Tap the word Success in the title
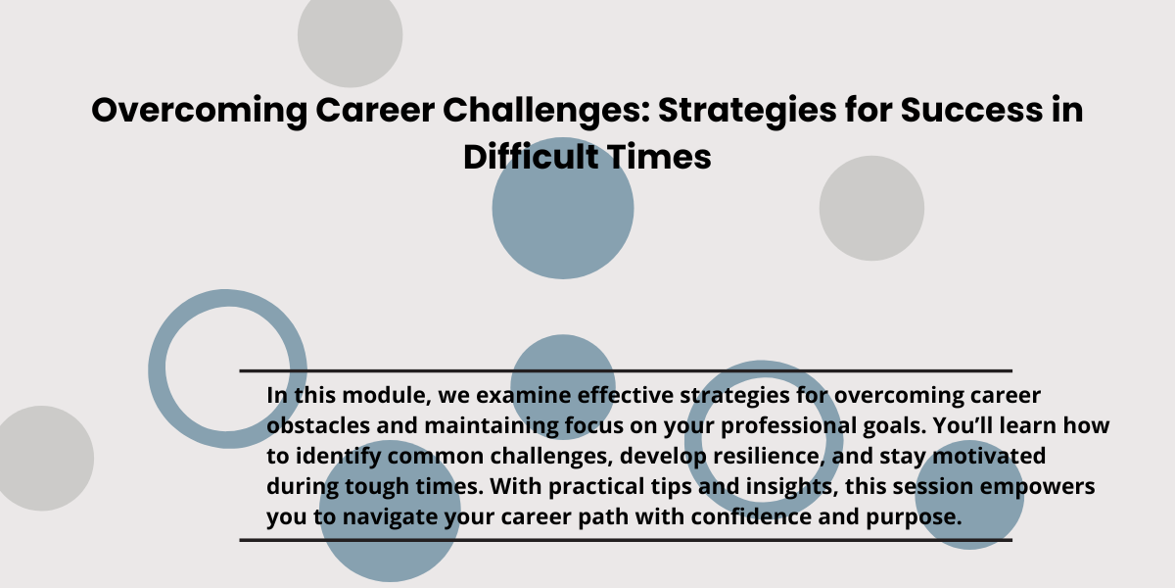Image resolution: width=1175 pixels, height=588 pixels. [971, 110]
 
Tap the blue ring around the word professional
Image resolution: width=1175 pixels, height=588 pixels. [693, 437]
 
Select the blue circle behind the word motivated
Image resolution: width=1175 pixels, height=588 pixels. [969, 495]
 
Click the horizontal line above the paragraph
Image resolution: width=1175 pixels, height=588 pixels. [626, 371]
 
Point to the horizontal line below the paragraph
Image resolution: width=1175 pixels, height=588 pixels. [626, 540]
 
